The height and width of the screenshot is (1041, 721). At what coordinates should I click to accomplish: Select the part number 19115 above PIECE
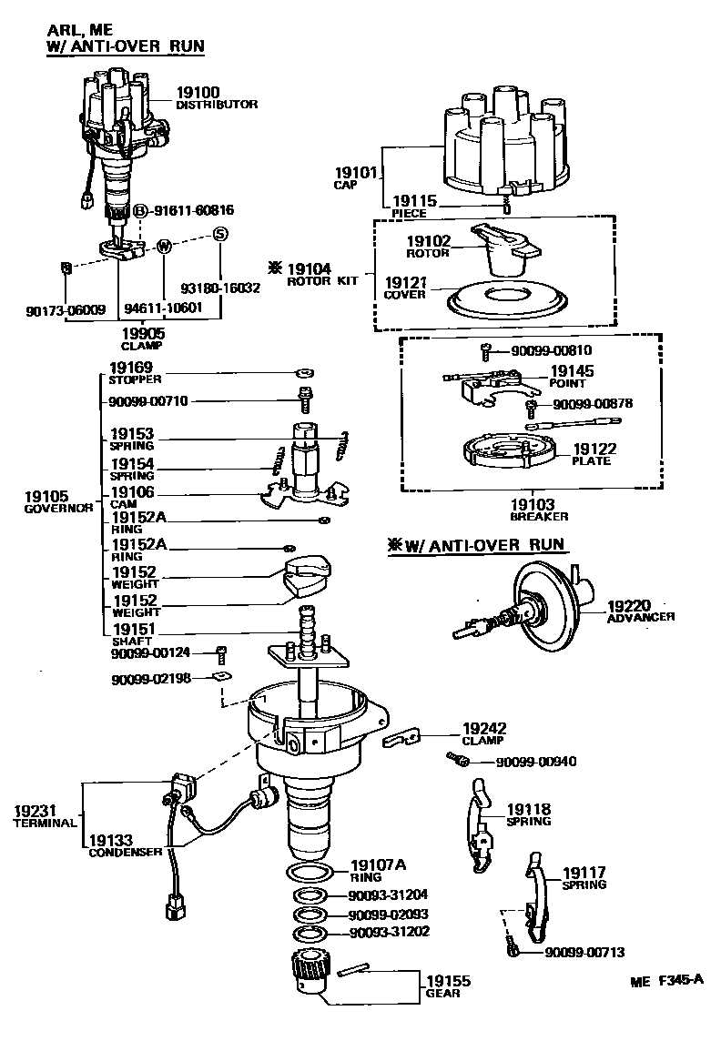pos(414,200)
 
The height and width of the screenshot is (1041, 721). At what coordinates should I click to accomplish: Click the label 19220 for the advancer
pos(630,604)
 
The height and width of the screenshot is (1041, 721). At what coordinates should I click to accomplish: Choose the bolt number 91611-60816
pos(193,210)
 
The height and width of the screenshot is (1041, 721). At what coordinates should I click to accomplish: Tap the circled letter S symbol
pos(218,234)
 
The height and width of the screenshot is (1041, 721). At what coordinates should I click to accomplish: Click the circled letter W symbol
pos(164,246)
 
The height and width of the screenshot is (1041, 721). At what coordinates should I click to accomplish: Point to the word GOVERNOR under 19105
pos(59,509)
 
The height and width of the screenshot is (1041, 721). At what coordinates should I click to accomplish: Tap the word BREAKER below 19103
pos(539,516)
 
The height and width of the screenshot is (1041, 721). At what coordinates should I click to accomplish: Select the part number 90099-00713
pos(584,952)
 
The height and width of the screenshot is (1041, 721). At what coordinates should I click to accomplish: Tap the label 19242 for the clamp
pos(484,729)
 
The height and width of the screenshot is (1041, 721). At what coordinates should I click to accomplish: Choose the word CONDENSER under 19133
pos(126,853)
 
